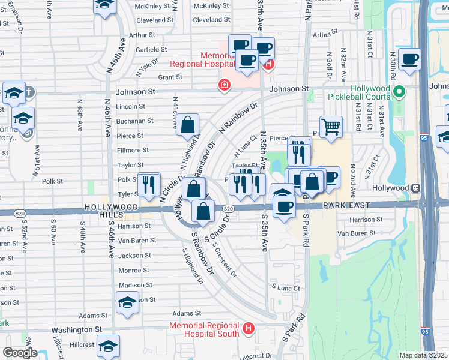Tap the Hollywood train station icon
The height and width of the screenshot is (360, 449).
coord(414,187)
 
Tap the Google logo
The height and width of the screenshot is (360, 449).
coord(20,352)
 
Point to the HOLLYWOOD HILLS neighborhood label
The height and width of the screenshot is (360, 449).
coord(112,208)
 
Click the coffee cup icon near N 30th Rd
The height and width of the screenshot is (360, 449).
coord(409,59)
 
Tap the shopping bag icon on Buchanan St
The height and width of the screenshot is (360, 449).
coord(188,125)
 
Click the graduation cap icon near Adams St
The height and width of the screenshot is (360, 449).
coord(127,304)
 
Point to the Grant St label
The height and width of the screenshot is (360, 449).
coord(170,77)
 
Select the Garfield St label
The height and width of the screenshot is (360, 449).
coord(151,49)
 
